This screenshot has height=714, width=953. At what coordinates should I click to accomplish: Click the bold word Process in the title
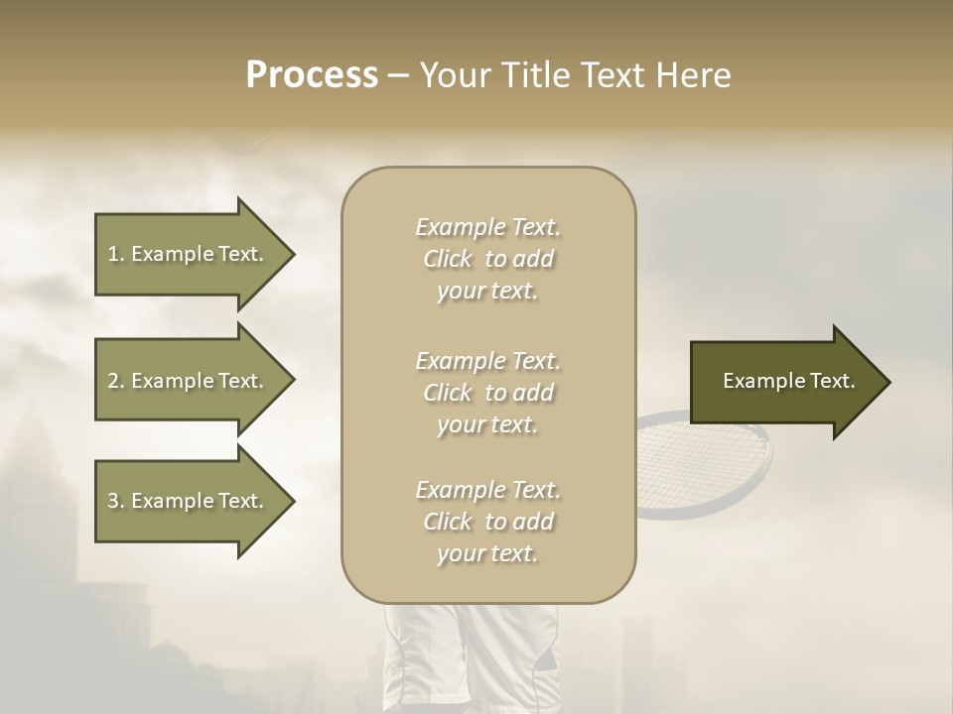(x=312, y=75)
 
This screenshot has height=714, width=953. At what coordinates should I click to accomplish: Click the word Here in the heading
(x=694, y=75)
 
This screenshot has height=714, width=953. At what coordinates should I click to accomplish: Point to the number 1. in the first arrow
(x=116, y=254)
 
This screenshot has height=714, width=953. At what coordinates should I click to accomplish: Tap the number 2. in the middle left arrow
(x=116, y=381)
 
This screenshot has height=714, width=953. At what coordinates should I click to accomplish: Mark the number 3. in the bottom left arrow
(x=116, y=501)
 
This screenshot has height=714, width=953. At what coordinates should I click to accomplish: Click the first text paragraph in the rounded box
(x=487, y=259)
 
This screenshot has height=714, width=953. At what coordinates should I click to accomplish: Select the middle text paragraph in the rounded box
(x=487, y=393)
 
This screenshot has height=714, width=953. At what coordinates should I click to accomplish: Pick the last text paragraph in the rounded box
(x=487, y=522)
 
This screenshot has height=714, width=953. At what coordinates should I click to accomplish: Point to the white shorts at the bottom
(x=467, y=659)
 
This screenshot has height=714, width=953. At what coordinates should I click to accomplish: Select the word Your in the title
(x=455, y=75)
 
